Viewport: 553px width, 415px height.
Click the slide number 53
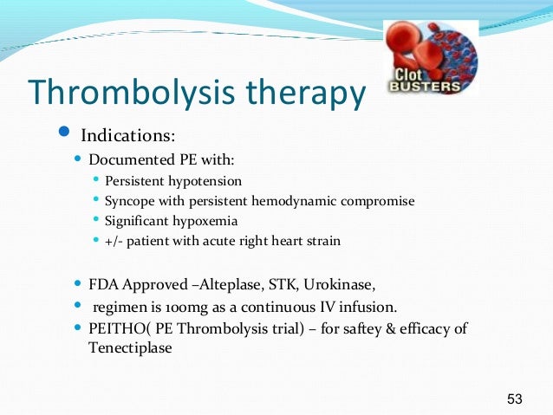tap(515, 399)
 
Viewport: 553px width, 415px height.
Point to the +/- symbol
tap(114, 241)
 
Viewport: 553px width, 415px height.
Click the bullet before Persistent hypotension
tap(97, 180)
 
